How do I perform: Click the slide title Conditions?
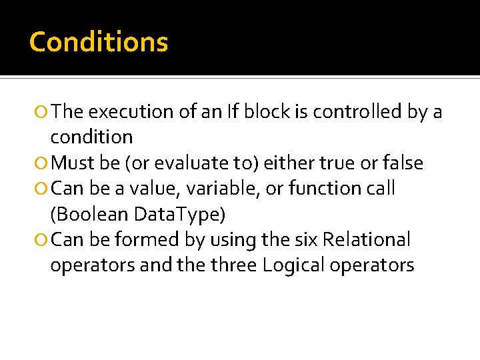(x=99, y=42)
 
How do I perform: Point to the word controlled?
(x=353, y=112)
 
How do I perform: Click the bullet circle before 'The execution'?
(x=43, y=113)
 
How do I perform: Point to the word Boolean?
(x=90, y=214)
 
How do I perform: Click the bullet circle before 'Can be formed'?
(x=43, y=240)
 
